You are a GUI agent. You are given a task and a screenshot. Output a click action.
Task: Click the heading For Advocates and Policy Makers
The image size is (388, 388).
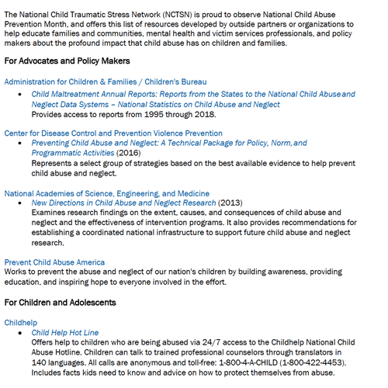tap(67, 61)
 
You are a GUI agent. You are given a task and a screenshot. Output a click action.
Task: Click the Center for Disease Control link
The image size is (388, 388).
tap(113, 133)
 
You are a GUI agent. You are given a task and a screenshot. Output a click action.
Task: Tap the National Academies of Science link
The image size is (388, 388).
tap(106, 193)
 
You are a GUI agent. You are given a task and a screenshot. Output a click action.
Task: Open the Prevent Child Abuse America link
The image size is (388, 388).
tap(54, 262)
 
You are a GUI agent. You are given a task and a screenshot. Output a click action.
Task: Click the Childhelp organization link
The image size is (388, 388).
tap(21, 320)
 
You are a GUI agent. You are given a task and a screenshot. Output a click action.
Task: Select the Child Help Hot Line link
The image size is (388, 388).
tap(65, 332)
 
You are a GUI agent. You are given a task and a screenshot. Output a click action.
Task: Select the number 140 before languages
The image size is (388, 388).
tap(40, 362)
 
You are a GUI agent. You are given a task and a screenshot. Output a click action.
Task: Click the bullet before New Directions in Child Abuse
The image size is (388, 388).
tap(23, 203)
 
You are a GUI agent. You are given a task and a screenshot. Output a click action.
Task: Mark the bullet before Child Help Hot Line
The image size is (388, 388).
tap(23, 332)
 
